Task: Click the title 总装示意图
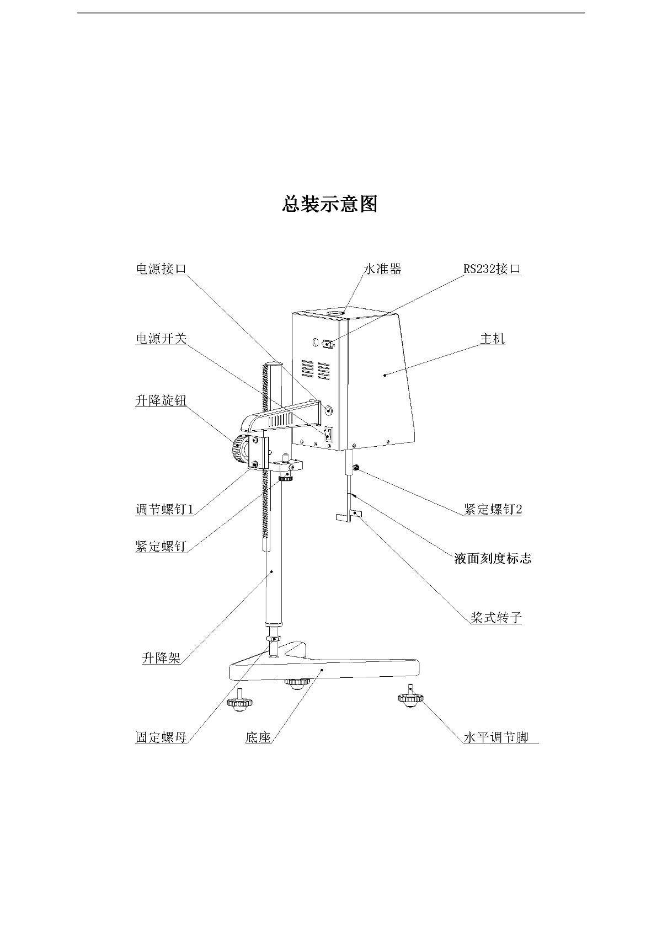coord(330,204)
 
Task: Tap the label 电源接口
coord(161,269)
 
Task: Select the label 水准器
coord(382,269)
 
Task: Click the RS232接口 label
coord(492,269)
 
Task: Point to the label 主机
coord(492,338)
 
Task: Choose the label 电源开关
coord(161,338)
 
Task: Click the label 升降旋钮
coord(161,400)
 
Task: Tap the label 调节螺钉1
coord(164,509)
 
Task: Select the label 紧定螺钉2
coord(493,509)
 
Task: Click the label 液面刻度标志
coord(493,558)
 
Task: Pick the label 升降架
coord(161,657)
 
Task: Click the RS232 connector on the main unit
coord(328,345)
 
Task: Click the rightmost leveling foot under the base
coord(410,699)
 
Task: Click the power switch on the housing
coord(328,434)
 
